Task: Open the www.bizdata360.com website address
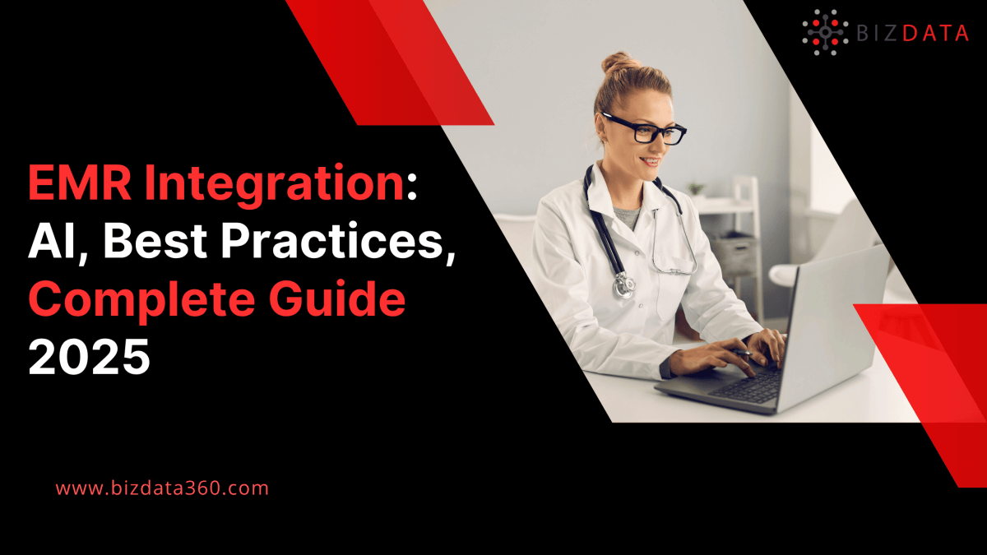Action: coord(162,488)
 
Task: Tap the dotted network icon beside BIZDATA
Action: coord(824,31)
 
